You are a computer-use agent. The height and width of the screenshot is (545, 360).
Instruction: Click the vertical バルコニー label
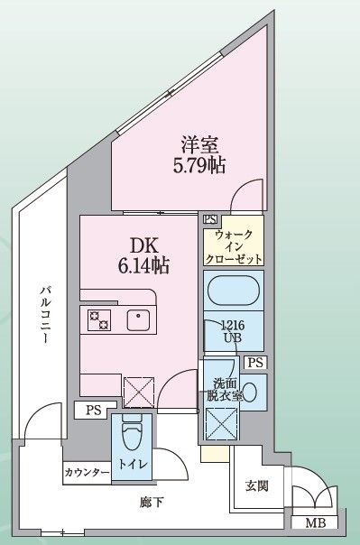click(43, 316)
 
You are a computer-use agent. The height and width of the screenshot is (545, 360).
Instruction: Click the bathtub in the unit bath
click(234, 293)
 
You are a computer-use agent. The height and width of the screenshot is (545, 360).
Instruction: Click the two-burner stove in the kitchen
click(98, 319)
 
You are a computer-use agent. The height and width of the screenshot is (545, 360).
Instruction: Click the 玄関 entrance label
click(256, 486)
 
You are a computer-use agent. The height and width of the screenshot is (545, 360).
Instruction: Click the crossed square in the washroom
click(222, 421)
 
